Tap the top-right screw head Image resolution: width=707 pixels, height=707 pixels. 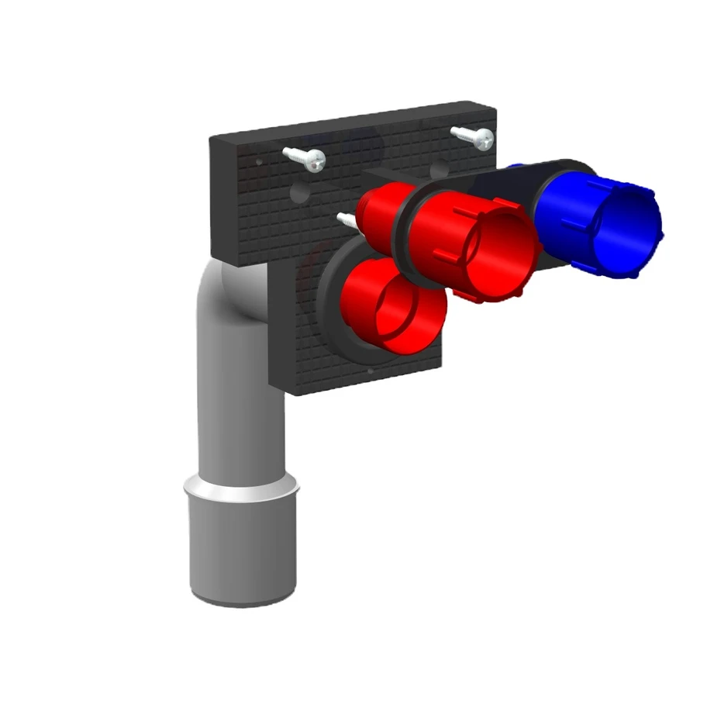click(484, 139)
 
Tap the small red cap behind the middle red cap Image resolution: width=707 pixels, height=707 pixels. click(380, 212)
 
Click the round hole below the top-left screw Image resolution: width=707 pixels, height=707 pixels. click(299, 189)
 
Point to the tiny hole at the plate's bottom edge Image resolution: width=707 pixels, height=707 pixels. click(371, 371)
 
